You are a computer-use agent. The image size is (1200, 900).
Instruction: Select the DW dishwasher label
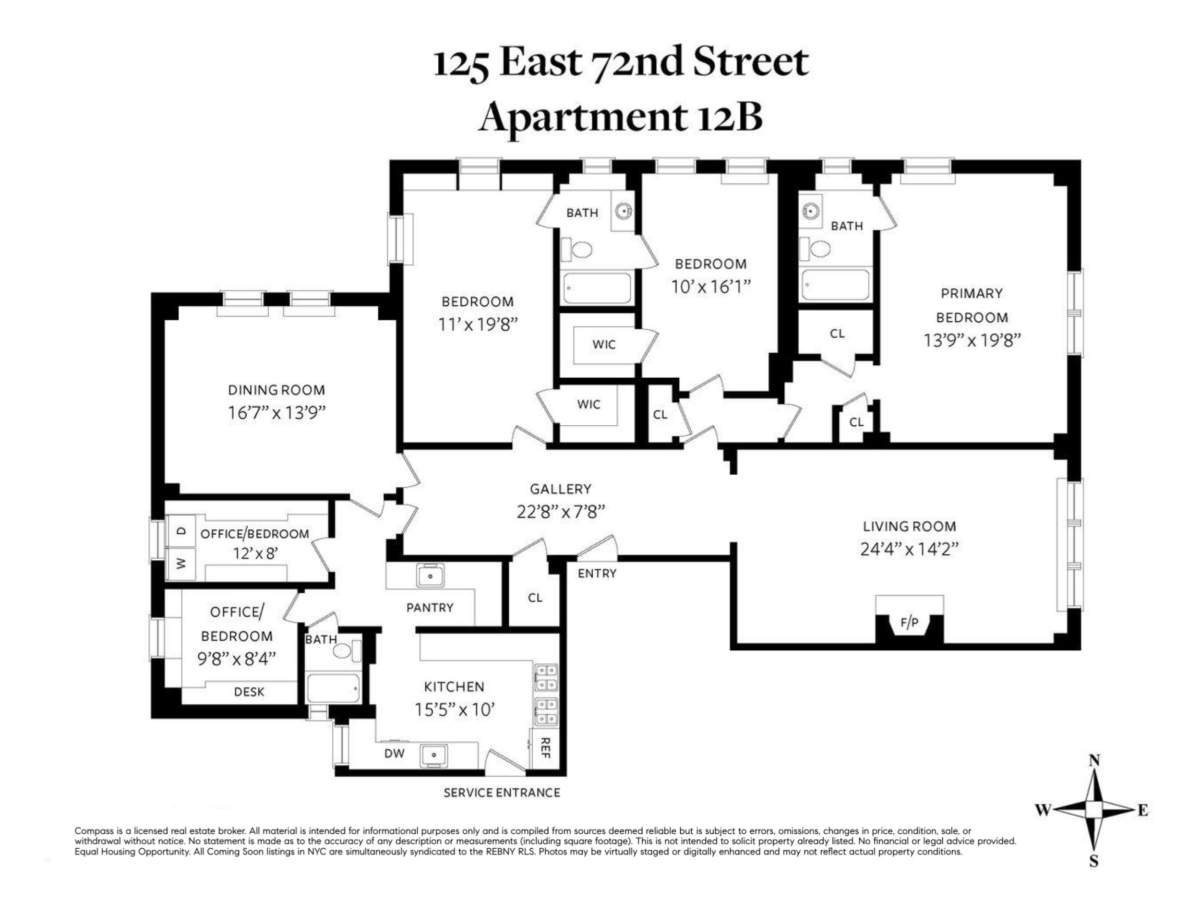395,754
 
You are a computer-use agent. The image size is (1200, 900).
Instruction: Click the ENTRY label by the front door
597,574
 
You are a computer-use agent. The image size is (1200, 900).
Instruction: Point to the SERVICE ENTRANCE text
502,792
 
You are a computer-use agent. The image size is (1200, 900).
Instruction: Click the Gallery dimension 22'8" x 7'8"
560,512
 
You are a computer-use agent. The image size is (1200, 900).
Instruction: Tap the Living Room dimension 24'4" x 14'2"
909,550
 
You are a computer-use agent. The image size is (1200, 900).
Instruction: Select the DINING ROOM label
276,390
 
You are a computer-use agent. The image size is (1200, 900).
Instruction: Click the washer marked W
181,564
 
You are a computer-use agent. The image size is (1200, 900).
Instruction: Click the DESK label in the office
249,692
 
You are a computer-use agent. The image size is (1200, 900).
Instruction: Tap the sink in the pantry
430,576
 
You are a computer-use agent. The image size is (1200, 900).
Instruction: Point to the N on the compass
1094,761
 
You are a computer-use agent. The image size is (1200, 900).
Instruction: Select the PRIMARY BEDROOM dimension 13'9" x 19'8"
972,340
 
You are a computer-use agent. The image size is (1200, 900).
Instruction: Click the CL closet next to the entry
535,597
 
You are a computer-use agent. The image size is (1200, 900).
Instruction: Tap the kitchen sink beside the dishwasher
433,755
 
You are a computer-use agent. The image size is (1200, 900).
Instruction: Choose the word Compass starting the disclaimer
92,830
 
